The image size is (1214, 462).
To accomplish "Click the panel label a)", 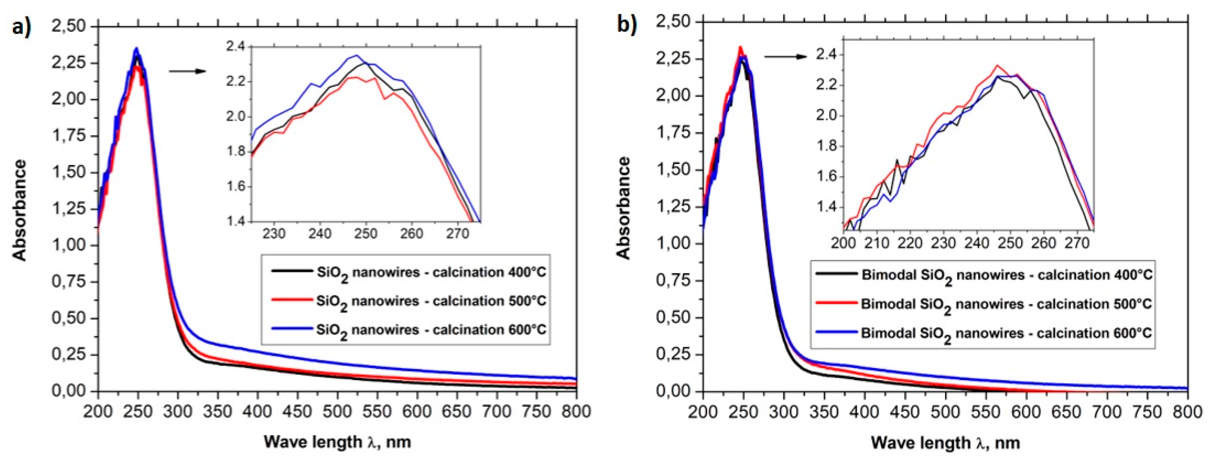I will pos(21,27).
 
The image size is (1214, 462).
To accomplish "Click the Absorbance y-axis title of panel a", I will pos(20,210).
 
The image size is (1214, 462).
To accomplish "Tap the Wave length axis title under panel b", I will pos(945,443).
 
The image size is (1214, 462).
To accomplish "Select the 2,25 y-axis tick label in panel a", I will pos(69,63).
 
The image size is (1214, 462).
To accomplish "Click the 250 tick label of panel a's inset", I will pos(366,233).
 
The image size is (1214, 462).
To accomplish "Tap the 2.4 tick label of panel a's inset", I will pos(236,47).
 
